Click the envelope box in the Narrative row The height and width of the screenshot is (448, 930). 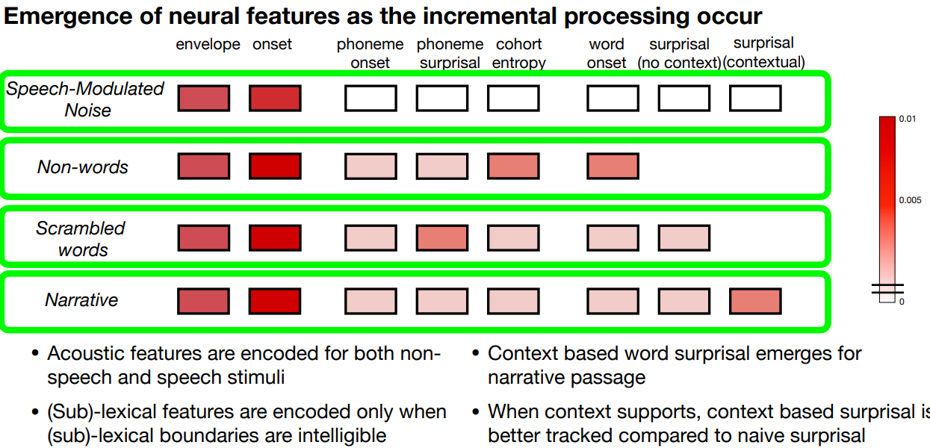click(203, 301)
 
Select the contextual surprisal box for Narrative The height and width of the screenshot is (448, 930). click(755, 301)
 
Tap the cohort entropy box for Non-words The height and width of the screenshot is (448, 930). click(514, 167)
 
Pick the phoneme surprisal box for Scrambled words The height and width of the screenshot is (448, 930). click(442, 238)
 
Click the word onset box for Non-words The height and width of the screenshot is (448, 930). click(613, 167)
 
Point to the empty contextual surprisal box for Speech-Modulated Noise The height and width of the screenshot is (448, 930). click(755, 99)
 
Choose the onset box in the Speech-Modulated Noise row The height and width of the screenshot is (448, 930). click(275, 99)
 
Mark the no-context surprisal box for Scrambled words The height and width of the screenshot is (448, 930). click(684, 238)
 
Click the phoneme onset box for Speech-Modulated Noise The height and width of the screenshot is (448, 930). click(371, 99)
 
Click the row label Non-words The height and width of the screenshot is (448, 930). click(83, 167)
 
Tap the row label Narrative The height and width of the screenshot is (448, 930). click(81, 300)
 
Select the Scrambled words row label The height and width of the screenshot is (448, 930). click(81, 239)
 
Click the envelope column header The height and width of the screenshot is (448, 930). click(208, 44)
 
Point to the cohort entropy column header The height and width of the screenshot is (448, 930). click(518, 54)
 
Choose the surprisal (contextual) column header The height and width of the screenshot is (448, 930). click(763, 53)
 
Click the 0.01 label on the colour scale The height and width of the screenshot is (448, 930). click(907, 119)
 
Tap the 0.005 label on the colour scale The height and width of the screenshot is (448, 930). click(910, 200)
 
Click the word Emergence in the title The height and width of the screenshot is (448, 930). click(68, 16)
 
